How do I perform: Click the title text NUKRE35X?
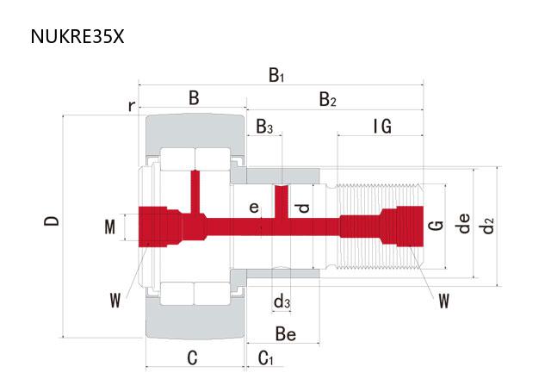(x=77, y=37)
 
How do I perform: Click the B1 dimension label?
(x=276, y=75)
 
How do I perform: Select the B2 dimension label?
(x=328, y=100)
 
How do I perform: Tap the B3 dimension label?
(x=265, y=127)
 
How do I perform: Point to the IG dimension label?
(x=382, y=127)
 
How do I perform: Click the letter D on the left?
(x=53, y=221)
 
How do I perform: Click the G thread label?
(x=437, y=226)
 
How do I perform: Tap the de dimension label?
(x=464, y=225)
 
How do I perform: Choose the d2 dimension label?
(x=489, y=226)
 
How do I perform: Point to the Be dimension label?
(x=286, y=333)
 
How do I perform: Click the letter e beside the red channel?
(x=253, y=208)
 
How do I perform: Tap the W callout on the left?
(x=115, y=300)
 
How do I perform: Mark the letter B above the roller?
(x=194, y=99)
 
